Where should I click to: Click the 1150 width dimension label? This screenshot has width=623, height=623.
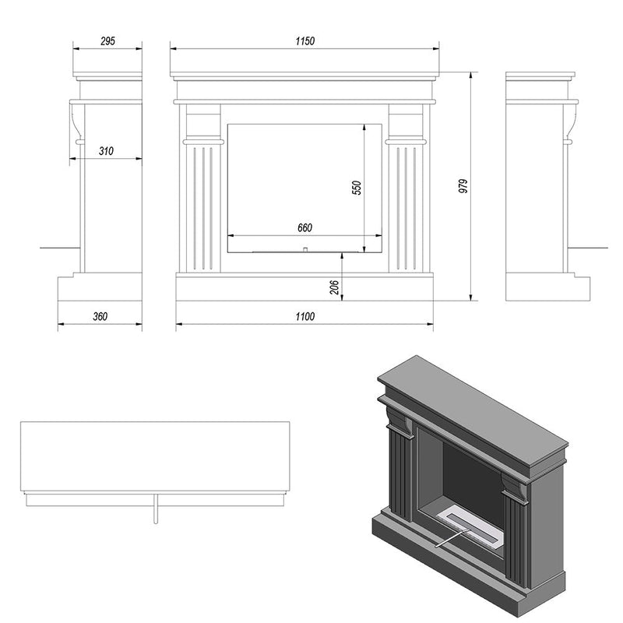click(x=304, y=41)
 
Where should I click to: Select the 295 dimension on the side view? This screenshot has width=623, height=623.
click(x=107, y=41)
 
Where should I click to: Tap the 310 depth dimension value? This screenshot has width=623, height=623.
click(x=107, y=151)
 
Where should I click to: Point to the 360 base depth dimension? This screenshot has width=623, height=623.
click(x=100, y=316)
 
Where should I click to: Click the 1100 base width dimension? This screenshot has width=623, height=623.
click(x=304, y=316)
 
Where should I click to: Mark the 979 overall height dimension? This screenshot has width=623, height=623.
click(x=463, y=186)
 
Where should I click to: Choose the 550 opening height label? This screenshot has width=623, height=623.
click(x=356, y=188)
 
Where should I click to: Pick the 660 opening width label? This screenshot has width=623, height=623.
click(x=304, y=228)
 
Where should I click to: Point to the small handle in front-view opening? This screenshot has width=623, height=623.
click(x=305, y=249)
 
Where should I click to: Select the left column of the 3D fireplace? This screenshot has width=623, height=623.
click(x=401, y=475)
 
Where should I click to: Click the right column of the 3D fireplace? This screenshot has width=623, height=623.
click(x=516, y=541)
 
